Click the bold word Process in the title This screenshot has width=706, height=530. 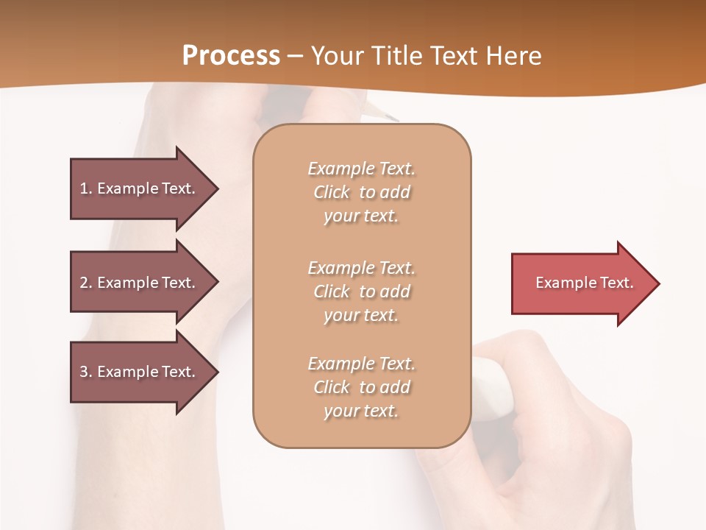[x=231, y=56]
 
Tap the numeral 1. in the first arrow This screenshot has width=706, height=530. [x=86, y=188]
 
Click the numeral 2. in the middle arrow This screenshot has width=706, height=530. [x=86, y=283]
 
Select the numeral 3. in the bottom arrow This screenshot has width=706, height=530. [x=86, y=372]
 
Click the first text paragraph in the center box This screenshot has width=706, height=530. [x=361, y=192]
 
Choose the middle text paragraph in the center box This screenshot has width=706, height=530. [x=361, y=291]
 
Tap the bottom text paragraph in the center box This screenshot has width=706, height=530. [x=361, y=387]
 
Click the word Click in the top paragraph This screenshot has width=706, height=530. [x=332, y=192]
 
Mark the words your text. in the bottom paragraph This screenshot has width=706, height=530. [x=361, y=411]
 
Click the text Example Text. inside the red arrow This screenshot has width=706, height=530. [x=585, y=283]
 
